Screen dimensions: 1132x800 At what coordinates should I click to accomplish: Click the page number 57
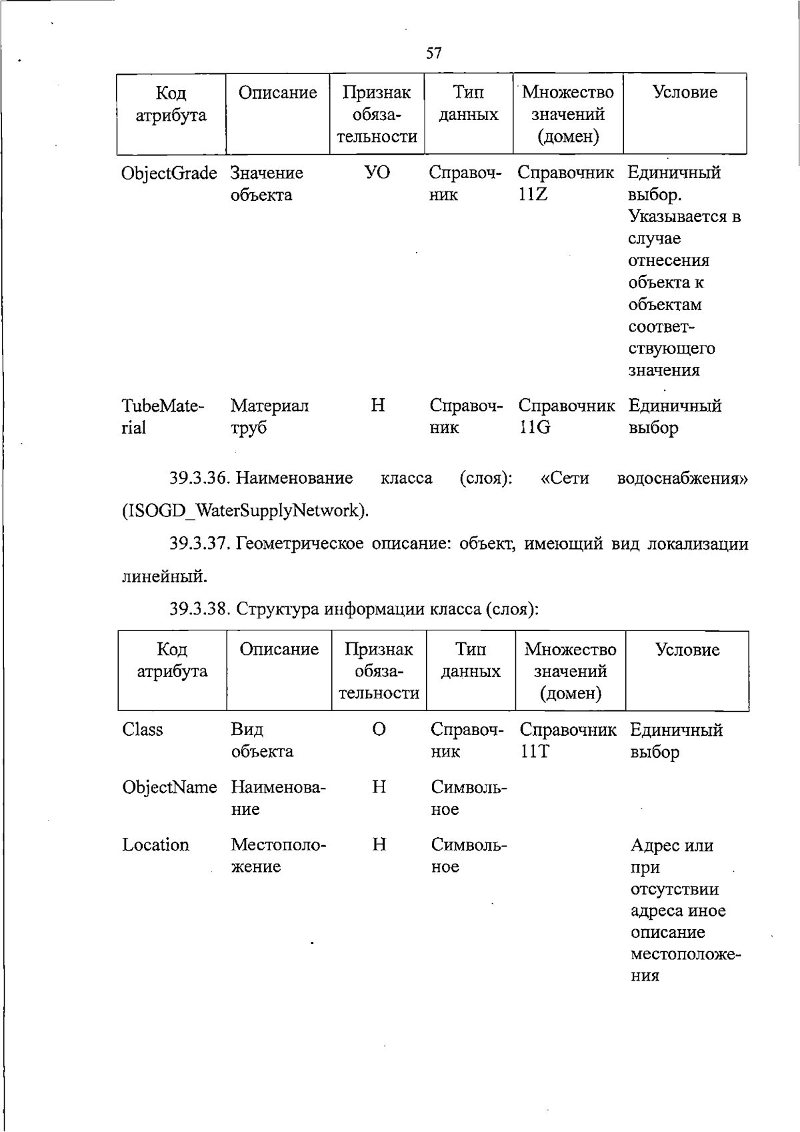[433, 53]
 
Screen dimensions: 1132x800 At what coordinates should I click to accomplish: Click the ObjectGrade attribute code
[169, 173]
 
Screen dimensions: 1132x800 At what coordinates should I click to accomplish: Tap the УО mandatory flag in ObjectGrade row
[377, 173]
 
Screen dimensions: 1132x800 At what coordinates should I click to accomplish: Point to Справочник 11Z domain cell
[565, 183]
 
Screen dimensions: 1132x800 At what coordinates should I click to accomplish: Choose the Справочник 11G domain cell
[566, 416]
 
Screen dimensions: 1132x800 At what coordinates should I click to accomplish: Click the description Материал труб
[269, 416]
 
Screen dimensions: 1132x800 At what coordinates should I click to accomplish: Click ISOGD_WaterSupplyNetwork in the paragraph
[245, 511]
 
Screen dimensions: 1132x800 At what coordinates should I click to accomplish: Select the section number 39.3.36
[199, 478]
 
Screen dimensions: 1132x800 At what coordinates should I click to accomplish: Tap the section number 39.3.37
[199, 544]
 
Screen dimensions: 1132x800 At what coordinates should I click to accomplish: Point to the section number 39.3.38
[199, 609]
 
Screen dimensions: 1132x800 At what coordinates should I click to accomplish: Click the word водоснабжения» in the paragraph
[683, 478]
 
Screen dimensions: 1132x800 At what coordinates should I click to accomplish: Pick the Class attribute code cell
[143, 730]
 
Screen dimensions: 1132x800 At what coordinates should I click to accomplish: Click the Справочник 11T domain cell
[568, 740]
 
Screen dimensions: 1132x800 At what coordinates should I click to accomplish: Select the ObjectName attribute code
[169, 787]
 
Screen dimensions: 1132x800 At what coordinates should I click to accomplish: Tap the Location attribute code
[155, 845]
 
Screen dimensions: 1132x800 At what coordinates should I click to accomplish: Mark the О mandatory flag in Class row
[379, 730]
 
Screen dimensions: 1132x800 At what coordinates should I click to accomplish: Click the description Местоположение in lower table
[278, 856]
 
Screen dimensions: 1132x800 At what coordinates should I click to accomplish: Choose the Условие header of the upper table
[685, 92]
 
